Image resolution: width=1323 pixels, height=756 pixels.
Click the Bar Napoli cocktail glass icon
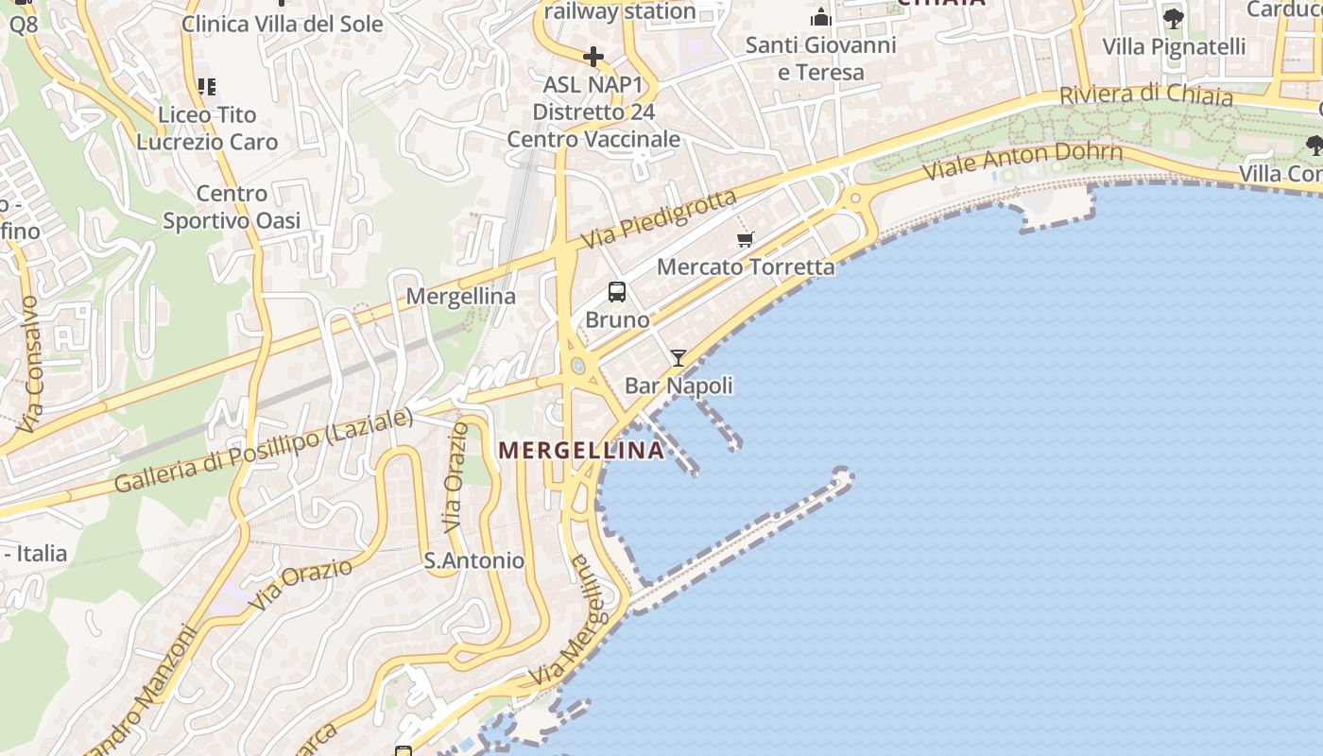tap(679, 358)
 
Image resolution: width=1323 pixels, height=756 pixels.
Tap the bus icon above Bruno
tap(617, 292)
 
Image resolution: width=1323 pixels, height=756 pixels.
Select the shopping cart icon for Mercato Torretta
tap(746, 240)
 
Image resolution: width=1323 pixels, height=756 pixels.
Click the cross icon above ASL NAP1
tap(593, 58)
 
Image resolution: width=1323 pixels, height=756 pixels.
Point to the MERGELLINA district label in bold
tap(581, 451)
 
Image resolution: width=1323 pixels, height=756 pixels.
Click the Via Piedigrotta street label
tap(658, 220)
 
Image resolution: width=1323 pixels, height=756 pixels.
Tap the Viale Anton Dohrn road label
tap(1022, 161)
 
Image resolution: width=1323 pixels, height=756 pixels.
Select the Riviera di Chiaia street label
tap(1145, 94)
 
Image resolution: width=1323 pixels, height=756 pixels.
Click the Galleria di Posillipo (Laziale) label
tap(264, 451)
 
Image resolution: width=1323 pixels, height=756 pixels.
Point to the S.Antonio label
tap(473, 560)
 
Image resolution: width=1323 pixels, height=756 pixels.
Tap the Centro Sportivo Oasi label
tap(232, 207)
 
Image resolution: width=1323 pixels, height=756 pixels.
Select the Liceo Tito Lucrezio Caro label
tap(207, 129)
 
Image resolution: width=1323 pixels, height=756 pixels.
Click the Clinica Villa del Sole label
tap(282, 24)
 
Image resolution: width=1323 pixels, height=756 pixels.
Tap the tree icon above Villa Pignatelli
tap(1173, 17)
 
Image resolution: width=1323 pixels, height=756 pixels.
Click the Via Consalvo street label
tap(30, 365)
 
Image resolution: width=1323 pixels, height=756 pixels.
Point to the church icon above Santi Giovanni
tap(820, 17)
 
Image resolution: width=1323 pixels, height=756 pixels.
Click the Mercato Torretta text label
tap(746, 266)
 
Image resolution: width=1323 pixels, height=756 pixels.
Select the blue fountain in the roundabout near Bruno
tap(577, 366)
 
